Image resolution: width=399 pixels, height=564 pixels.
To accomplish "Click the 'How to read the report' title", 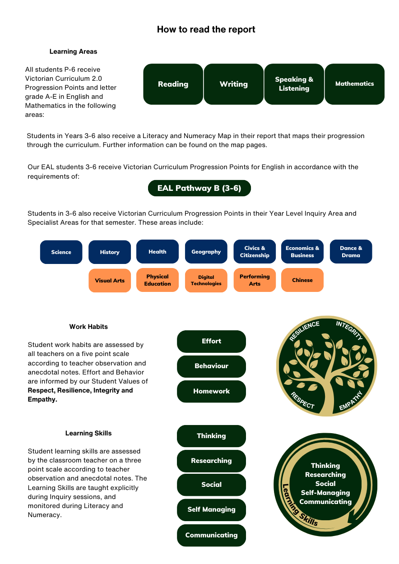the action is point(206,29).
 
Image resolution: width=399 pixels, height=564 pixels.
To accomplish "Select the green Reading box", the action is point(173,84).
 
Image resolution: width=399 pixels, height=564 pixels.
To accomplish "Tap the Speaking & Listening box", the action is point(294,84).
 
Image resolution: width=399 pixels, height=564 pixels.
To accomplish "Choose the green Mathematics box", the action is point(354,84).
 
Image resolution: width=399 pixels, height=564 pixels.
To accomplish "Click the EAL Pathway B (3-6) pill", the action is point(199,188).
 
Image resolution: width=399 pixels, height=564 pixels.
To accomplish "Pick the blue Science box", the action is point(61,252).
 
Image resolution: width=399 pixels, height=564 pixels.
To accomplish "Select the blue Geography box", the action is point(206,251).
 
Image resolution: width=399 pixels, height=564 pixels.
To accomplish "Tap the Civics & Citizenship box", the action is point(255,251).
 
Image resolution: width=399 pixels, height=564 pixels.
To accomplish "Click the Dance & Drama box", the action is point(351,251).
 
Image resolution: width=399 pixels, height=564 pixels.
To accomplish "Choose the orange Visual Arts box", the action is point(110,281).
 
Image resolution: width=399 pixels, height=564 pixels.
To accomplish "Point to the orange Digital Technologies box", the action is point(206,281).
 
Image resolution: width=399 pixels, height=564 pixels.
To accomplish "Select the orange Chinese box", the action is point(302,280).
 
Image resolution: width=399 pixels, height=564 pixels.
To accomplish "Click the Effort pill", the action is point(211,341).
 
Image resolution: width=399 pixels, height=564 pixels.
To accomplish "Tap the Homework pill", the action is point(211,391).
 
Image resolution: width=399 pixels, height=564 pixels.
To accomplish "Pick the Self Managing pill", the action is point(211,509).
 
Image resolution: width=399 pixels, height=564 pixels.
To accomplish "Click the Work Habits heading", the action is point(88,327).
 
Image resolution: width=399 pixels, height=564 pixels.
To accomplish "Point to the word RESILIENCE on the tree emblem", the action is point(304,331).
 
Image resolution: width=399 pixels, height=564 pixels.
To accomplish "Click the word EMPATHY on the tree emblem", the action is point(351,401).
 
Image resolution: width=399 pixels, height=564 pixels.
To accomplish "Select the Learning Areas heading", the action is point(73,51).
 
